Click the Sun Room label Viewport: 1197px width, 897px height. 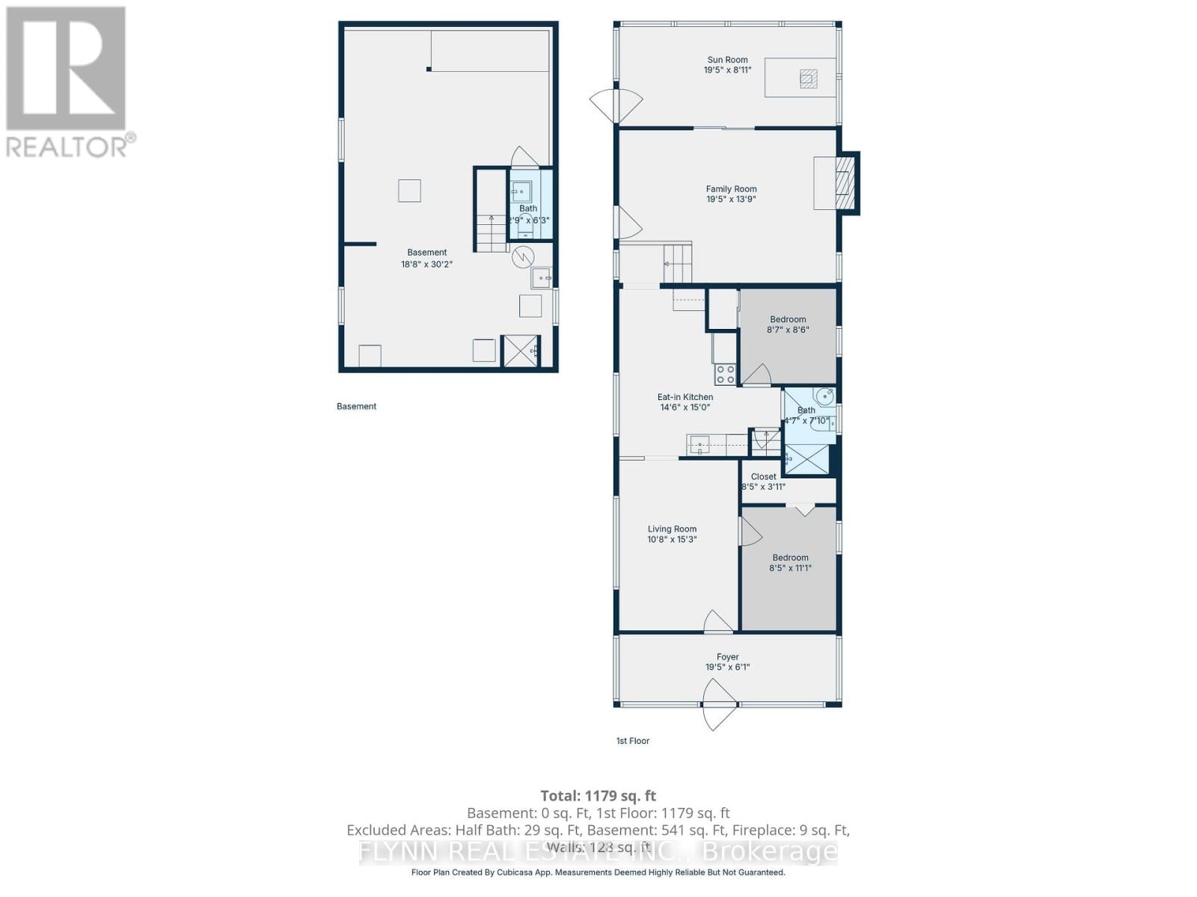[727, 60]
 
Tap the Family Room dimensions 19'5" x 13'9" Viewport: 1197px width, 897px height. [731, 200]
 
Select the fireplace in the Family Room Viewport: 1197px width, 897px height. [843, 183]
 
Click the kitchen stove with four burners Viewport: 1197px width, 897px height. [725, 374]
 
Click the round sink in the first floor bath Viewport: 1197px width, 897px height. [824, 397]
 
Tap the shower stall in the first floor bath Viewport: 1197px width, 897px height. [806, 460]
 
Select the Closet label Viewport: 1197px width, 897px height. [763, 476]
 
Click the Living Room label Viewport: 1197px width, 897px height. [672, 528]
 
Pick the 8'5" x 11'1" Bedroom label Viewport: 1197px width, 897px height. [790, 558]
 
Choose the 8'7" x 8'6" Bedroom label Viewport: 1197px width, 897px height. [788, 319]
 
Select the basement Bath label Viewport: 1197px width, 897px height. [528, 209]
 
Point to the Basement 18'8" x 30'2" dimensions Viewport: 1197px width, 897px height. [426, 264]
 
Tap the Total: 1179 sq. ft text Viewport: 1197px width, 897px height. [598, 796]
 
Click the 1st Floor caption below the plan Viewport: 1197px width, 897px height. [632, 741]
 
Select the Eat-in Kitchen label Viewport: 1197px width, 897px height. [685, 397]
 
